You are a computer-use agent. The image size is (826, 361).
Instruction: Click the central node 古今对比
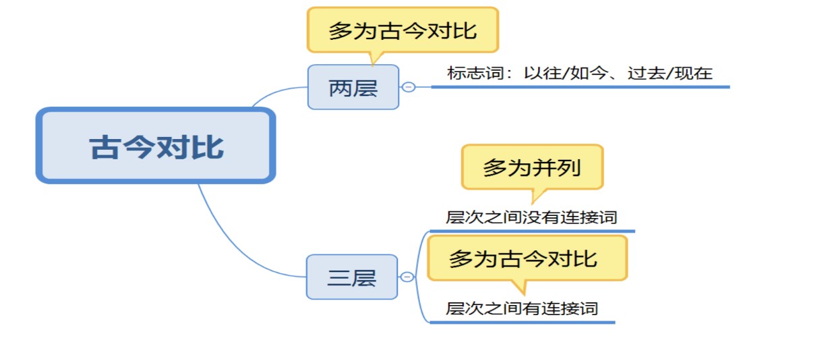156,146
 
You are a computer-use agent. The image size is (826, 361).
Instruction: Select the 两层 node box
353,87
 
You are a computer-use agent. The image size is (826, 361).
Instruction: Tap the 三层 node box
352,277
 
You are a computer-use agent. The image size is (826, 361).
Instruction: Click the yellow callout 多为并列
532,167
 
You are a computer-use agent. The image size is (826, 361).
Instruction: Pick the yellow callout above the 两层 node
403,30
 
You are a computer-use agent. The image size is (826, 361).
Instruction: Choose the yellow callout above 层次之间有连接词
527,258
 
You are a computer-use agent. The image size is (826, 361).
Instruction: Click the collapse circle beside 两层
409,87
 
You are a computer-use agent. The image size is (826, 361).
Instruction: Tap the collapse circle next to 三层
407,277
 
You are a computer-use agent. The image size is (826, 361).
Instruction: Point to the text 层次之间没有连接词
531,217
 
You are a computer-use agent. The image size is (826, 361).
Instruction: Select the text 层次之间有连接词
522,308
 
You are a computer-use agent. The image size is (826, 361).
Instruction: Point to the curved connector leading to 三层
236,251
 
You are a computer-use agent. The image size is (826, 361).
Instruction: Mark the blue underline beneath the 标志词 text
581,87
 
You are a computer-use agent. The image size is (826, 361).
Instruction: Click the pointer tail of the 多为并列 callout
537,196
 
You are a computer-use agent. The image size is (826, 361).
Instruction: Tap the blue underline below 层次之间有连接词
522,323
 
